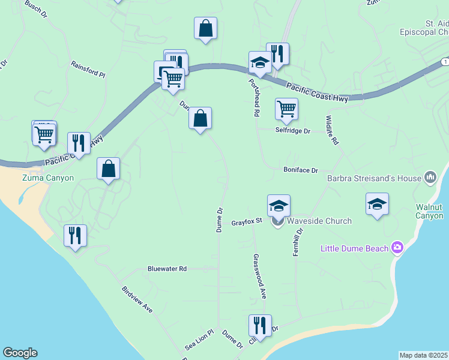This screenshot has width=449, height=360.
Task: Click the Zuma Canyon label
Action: [48, 178]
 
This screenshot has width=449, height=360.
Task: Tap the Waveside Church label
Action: [319, 221]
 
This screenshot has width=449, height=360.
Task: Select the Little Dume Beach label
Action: [354, 248]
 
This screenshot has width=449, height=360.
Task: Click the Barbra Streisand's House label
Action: [374, 178]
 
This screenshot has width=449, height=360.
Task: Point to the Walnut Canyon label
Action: [429, 211]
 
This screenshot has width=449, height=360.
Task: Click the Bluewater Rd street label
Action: [167, 269]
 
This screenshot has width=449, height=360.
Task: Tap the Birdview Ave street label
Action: [137, 299]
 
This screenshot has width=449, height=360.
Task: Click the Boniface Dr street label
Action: [300, 170]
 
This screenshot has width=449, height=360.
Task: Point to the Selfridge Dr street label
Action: [293, 130]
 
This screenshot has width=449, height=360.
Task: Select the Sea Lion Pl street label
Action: [199, 340]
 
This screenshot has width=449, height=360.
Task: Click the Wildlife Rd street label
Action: [331, 130]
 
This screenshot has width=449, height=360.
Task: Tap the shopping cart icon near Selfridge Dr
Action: [287, 109]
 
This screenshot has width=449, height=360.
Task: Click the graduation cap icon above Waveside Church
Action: [279, 205]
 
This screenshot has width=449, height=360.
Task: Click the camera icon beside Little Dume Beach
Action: [396, 247]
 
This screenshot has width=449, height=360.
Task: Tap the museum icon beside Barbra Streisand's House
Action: [430, 177]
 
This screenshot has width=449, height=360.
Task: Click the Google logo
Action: [20, 353]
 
